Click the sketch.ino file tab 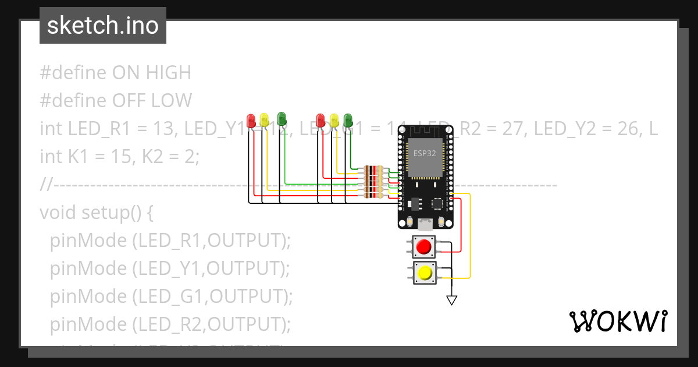click(x=103, y=26)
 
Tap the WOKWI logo click(x=617, y=322)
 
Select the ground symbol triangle click(x=451, y=300)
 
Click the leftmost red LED click(x=251, y=120)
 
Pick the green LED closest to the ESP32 click(x=348, y=119)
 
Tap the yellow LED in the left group click(x=264, y=120)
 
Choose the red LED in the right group click(x=320, y=120)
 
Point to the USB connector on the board click(x=426, y=223)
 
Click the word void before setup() click(x=58, y=213)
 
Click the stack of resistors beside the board click(x=372, y=182)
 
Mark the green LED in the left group click(x=282, y=118)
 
